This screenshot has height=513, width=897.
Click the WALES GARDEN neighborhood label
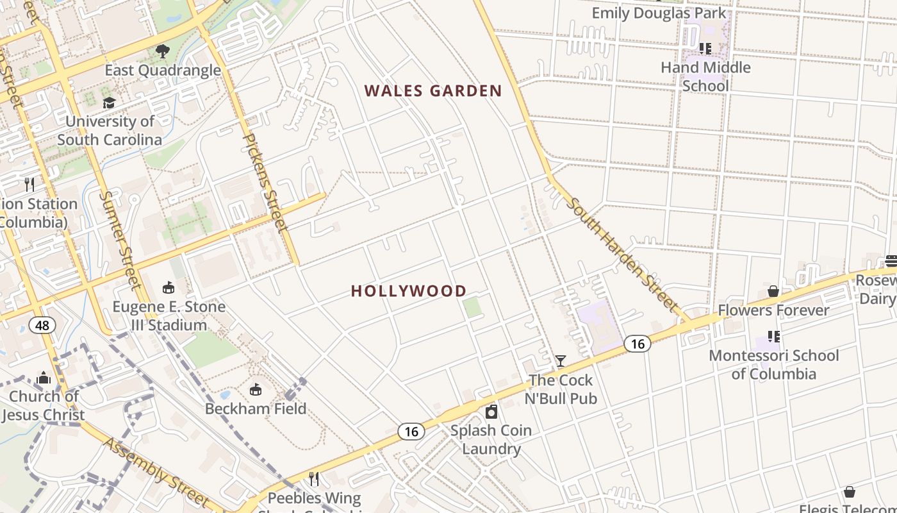pos(433,91)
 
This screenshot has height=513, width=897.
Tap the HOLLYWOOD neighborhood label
pos(409,291)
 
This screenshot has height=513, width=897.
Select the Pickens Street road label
pos(264,181)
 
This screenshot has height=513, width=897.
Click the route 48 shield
pos(42,325)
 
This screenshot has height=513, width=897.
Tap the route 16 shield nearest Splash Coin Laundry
pos(411,432)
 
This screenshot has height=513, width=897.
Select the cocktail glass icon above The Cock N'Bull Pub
pos(561,361)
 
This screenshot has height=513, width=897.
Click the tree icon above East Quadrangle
pos(163,51)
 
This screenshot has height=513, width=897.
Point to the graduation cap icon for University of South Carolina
pos(110,103)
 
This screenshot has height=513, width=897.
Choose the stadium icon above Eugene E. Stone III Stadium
pos(169,287)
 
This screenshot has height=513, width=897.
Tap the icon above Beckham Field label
pos(255,389)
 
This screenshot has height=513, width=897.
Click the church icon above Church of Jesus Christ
pos(44,378)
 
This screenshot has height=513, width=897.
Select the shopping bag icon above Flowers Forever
pos(773,291)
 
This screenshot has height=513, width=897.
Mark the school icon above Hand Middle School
pos(705,48)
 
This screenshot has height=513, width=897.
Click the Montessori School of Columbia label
pos(773,364)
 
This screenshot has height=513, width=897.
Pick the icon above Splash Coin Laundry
pos(491,412)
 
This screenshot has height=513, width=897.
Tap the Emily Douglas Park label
pos(659,13)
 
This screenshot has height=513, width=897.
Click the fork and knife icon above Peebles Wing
pos(314,478)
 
